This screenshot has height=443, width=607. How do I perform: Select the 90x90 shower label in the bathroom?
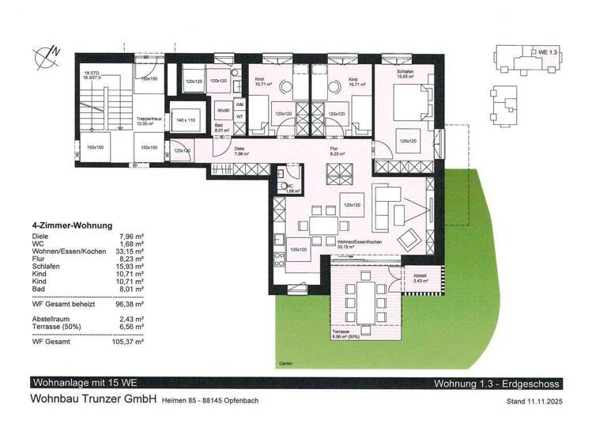pos(223,109)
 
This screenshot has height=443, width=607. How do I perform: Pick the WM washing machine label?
pos(239,104)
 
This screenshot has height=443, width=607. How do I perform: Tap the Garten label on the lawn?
pos(285,363)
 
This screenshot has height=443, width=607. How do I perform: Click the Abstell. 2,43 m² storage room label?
pos(419,278)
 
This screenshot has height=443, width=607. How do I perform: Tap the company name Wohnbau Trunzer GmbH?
pos(93,399)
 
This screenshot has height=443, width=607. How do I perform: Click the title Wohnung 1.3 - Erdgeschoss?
pos(496,384)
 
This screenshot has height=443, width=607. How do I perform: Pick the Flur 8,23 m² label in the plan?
pos(338,153)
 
